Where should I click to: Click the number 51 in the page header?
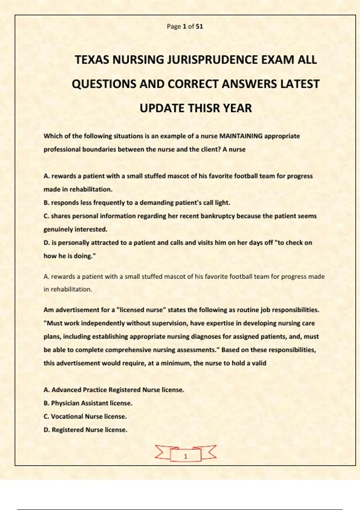click(x=199, y=26)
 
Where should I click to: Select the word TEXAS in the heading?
click(x=92, y=60)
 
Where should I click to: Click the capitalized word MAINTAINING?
click(x=241, y=136)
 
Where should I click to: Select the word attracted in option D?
click(x=105, y=243)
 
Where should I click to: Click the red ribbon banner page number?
click(x=185, y=456)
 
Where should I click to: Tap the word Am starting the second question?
click(x=49, y=310)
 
